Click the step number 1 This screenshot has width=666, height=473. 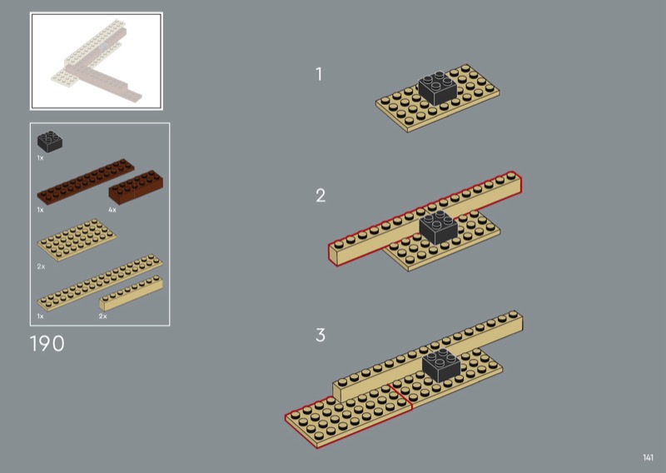(x=319, y=74)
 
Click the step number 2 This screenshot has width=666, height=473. (x=321, y=196)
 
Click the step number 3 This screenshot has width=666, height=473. (x=321, y=335)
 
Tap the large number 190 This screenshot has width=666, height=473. (x=47, y=343)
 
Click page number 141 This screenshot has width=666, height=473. (x=649, y=457)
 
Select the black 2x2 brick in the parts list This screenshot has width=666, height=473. (x=50, y=141)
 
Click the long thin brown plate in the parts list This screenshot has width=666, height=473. (x=86, y=182)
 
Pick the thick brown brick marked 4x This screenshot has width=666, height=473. (x=136, y=187)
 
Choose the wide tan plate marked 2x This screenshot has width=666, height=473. (x=77, y=240)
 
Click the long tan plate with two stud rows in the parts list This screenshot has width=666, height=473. (x=100, y=282)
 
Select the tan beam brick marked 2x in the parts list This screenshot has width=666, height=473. (x=132, y=293)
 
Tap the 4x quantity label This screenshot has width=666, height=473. (x=112, y=210)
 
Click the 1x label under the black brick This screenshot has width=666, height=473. (x=40, y=158)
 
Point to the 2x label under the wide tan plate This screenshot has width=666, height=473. (x=41, y=266)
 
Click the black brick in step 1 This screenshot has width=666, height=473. (x=438, y=88)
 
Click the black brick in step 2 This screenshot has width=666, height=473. (x=439, y=227)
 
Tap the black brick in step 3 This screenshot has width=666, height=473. (x=441, y=366)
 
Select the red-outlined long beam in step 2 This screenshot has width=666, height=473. (x=425, y=218)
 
